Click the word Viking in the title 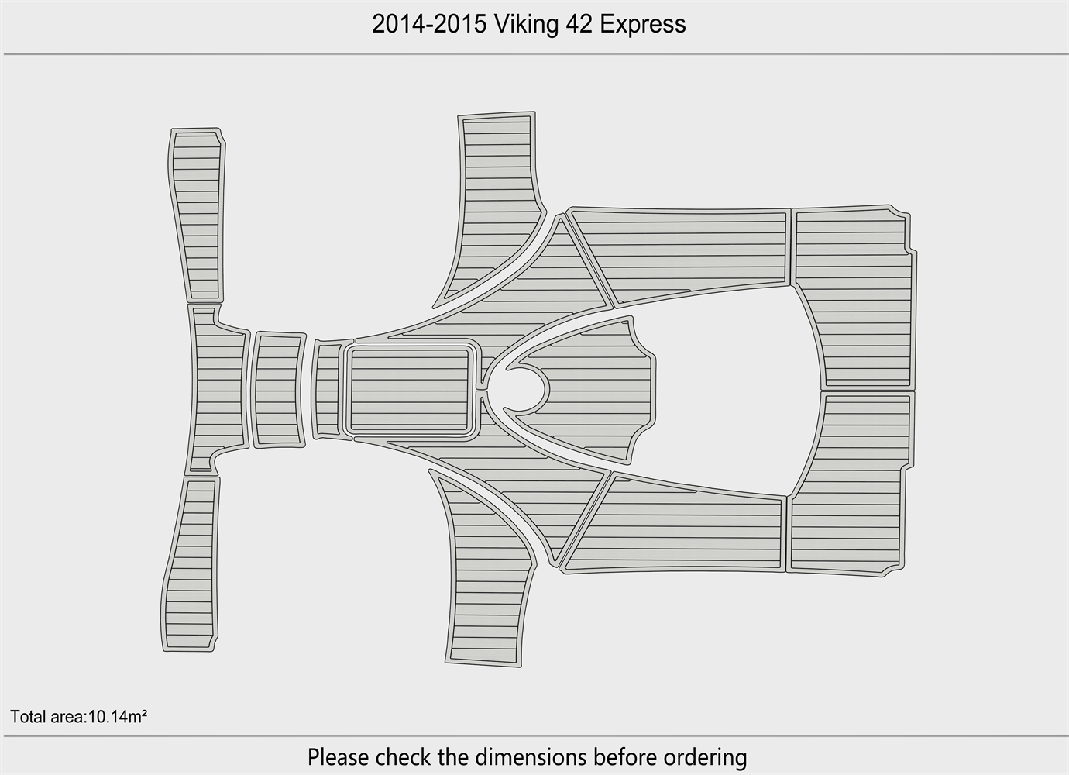pos(525,24)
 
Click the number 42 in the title pos(579,24)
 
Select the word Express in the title pos(643,25)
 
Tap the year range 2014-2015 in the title pos(429,24)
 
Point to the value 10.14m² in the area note pos(118,717)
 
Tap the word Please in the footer pos(339,757)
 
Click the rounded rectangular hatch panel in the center pos(410,390)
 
